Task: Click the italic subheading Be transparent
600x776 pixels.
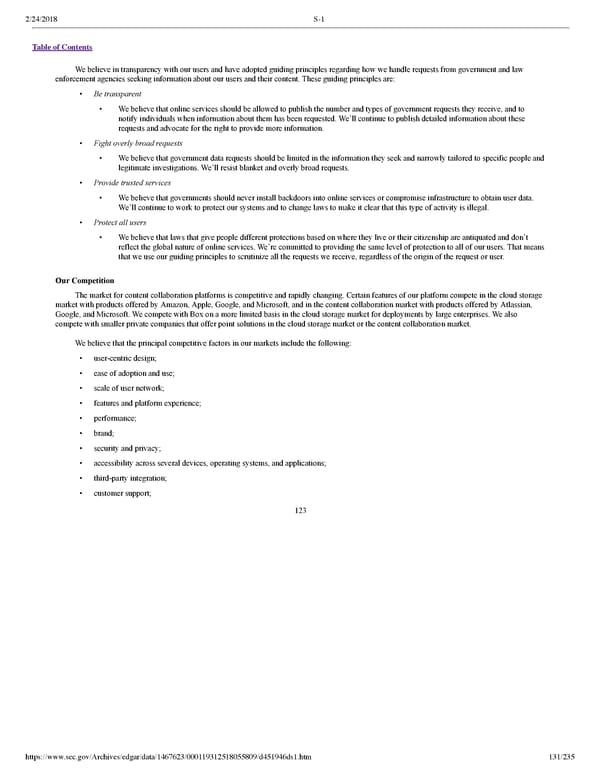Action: tap(117, 94)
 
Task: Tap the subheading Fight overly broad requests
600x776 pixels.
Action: tap(138, 144)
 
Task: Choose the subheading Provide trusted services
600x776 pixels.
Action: tap(132, 183)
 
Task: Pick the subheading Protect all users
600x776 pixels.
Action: tap(120, 222)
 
